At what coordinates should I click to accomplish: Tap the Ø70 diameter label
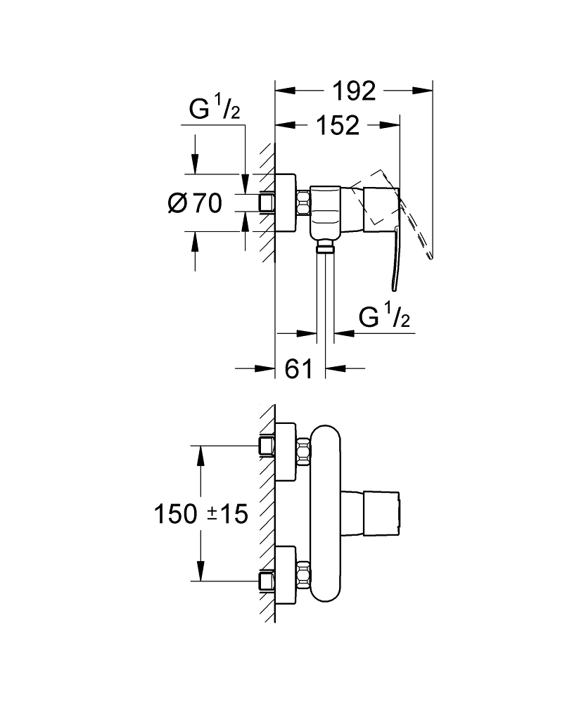pyautogui.click(x=195, y=204)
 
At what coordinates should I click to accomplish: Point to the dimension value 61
pyautogui.click(x=299, y=368)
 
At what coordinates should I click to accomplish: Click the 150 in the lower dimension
pyautogui.click(x=175, y=514)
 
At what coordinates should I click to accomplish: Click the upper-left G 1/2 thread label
pyautogui.click(x=214, y=110)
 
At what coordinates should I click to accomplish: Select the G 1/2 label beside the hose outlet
pyautogui.click(x=384, y=318)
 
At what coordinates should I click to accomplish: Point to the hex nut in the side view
pyautogui.click(x=303, y=205)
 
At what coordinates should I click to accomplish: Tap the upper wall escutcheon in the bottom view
pyautogui.click(x=285, y=451)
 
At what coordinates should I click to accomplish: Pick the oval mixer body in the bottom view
pyautogui.click(x=324, y=513)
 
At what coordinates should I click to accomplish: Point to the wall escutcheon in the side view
pyautogui.click(x=285, y=204)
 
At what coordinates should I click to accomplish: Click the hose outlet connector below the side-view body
pyautogui.click(x=325, y=246)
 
